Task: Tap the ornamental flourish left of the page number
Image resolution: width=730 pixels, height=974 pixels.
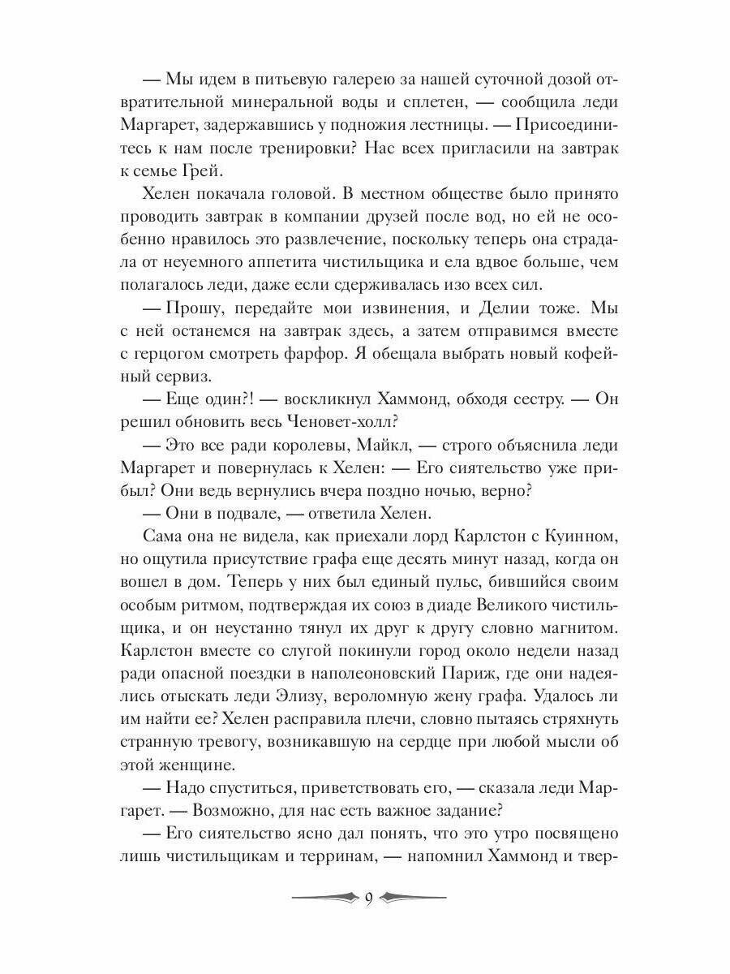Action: (x=324, y=898)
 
